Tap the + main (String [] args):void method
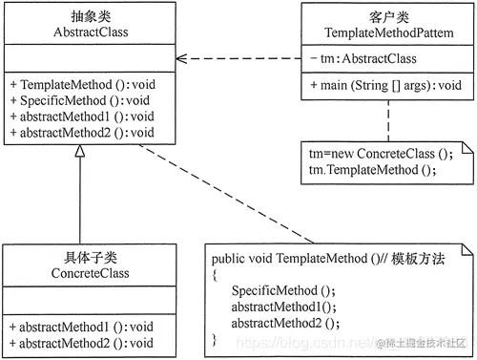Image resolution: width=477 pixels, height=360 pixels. click(385, 85)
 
